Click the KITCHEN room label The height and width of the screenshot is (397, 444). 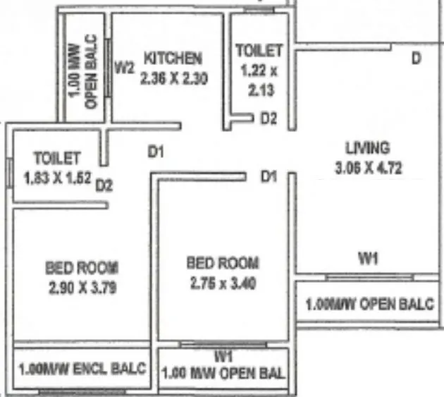(x=173, y=58)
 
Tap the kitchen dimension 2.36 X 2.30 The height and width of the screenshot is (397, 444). (x=173, y=79)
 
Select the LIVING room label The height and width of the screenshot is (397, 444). (x=367, y=149)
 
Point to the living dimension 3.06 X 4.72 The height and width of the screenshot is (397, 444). (x=367, y=169)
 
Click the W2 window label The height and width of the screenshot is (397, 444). (x=125, y=68)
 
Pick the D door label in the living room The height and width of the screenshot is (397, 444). (x=417, y=58)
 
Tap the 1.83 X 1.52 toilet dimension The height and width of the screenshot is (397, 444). (x=56, y=178)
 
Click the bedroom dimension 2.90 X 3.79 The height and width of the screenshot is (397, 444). (x=82, y=288)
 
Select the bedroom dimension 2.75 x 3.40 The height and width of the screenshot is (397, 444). (x=223, y=285)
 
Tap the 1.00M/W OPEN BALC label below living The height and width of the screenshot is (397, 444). (x=370, y=305)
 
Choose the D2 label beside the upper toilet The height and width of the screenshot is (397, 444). (x=268, y=119)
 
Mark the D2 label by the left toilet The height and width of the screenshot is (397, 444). (x=104, y=185)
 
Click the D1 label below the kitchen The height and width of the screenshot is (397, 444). (x=156, y=150)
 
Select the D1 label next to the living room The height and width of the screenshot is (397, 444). (x=268, y=176)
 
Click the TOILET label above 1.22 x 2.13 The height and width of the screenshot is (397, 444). (x=259, y=51)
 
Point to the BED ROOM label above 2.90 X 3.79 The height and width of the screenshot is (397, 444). (x=82, y=268)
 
